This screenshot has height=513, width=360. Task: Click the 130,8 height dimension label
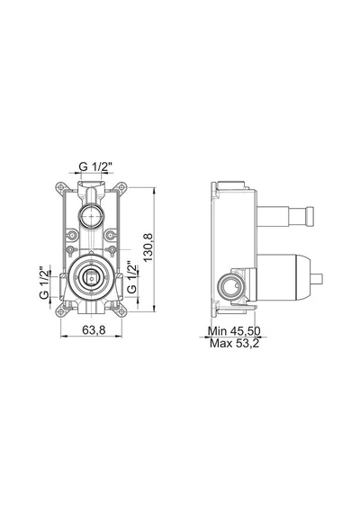[148, 247]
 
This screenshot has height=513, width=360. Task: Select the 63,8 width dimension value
[94, 329]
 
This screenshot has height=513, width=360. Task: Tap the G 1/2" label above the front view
[95, 166]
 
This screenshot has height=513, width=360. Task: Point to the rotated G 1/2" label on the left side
[44, 282]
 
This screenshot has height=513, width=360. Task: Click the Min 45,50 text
[234, 331]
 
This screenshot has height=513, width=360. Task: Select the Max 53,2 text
[234, 343]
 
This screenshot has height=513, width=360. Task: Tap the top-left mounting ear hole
[61, 187]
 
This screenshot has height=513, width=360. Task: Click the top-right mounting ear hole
[121, 187]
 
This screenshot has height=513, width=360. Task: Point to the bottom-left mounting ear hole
[61, 311]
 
